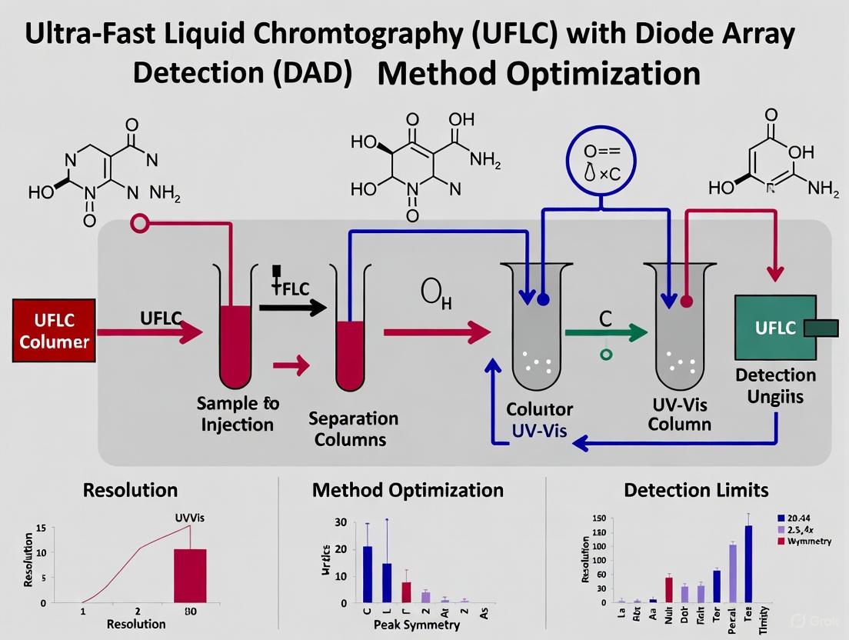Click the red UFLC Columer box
(54, 331)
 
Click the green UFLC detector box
(775, 328)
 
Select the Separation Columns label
(353, 429)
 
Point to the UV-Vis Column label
(680, 414)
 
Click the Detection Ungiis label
(775, 385)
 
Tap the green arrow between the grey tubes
(605, 333)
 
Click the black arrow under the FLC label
(293, 308)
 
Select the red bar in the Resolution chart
(190, 575)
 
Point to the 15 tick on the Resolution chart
(41, 528)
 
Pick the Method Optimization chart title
(408, 490)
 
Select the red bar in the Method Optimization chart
(406, 592)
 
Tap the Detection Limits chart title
(695, 490)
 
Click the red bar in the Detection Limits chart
(668, 588)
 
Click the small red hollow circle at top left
(140, 223)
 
